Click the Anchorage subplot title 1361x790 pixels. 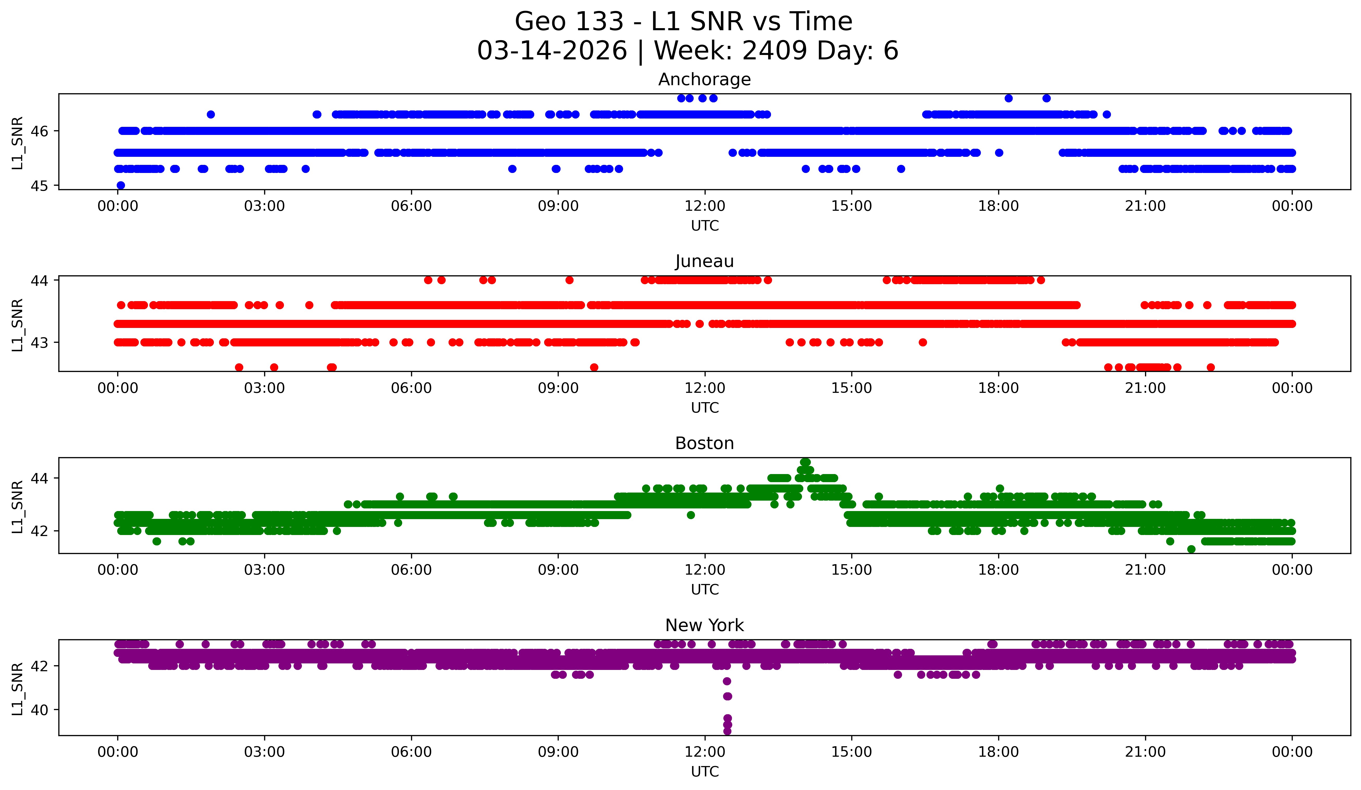point(704,79)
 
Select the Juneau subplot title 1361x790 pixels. point(704,261)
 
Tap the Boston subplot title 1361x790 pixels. point(704,443)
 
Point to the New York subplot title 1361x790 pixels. point(704,625)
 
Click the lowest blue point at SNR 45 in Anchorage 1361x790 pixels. point(121,185)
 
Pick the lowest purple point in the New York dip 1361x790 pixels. point(727,731)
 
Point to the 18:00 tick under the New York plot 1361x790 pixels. point(998,752)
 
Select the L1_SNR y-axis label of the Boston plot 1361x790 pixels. point(17,507)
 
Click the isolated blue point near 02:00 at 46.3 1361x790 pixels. point(211,115)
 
